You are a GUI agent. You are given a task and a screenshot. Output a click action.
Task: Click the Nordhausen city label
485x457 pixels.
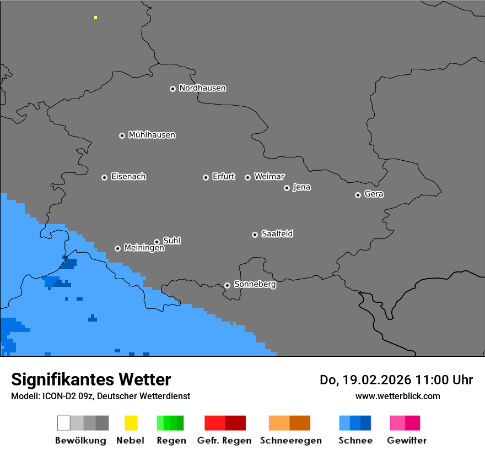tap(202, 88)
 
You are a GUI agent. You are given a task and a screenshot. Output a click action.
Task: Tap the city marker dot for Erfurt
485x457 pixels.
tap(206, 177)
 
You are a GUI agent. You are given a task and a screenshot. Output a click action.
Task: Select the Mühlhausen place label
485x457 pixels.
tap(152, 135)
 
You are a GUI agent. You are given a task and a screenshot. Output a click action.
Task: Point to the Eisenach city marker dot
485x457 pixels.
tap(104, 177)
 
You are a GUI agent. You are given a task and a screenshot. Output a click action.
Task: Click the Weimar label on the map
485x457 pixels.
tap(269, 177)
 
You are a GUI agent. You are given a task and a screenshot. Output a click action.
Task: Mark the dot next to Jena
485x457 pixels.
tap(287, 188)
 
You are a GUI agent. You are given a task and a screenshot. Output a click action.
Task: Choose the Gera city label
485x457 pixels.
tap(374, 194)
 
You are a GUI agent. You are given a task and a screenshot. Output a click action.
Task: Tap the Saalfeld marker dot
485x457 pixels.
tap(255, 235)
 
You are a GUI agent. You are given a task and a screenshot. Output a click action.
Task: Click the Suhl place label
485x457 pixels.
tap(171, 241)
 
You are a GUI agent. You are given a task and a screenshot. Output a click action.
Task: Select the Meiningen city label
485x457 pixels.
tap(144, 248)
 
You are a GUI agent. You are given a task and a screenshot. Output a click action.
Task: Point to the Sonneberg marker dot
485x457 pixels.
tap(227, 285)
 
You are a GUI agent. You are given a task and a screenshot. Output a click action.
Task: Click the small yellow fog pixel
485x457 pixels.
tap(95, 18)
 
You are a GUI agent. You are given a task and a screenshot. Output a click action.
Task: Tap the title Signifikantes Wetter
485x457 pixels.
tap(91, 380)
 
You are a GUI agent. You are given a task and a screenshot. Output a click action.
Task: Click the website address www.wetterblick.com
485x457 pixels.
tap(397, 396)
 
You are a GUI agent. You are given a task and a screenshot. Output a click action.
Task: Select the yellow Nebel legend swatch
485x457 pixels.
tap(131, 423)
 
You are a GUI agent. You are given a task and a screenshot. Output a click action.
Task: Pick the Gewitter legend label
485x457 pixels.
tap(406, 440)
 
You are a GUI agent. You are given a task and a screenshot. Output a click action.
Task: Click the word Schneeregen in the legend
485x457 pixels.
tap(290, 440)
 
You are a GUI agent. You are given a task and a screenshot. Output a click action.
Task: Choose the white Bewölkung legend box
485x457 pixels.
tap(63, 423)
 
